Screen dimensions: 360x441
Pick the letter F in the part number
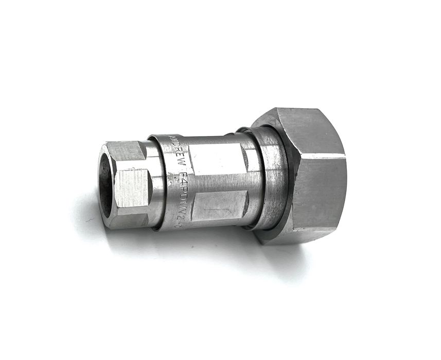[182, 179]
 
